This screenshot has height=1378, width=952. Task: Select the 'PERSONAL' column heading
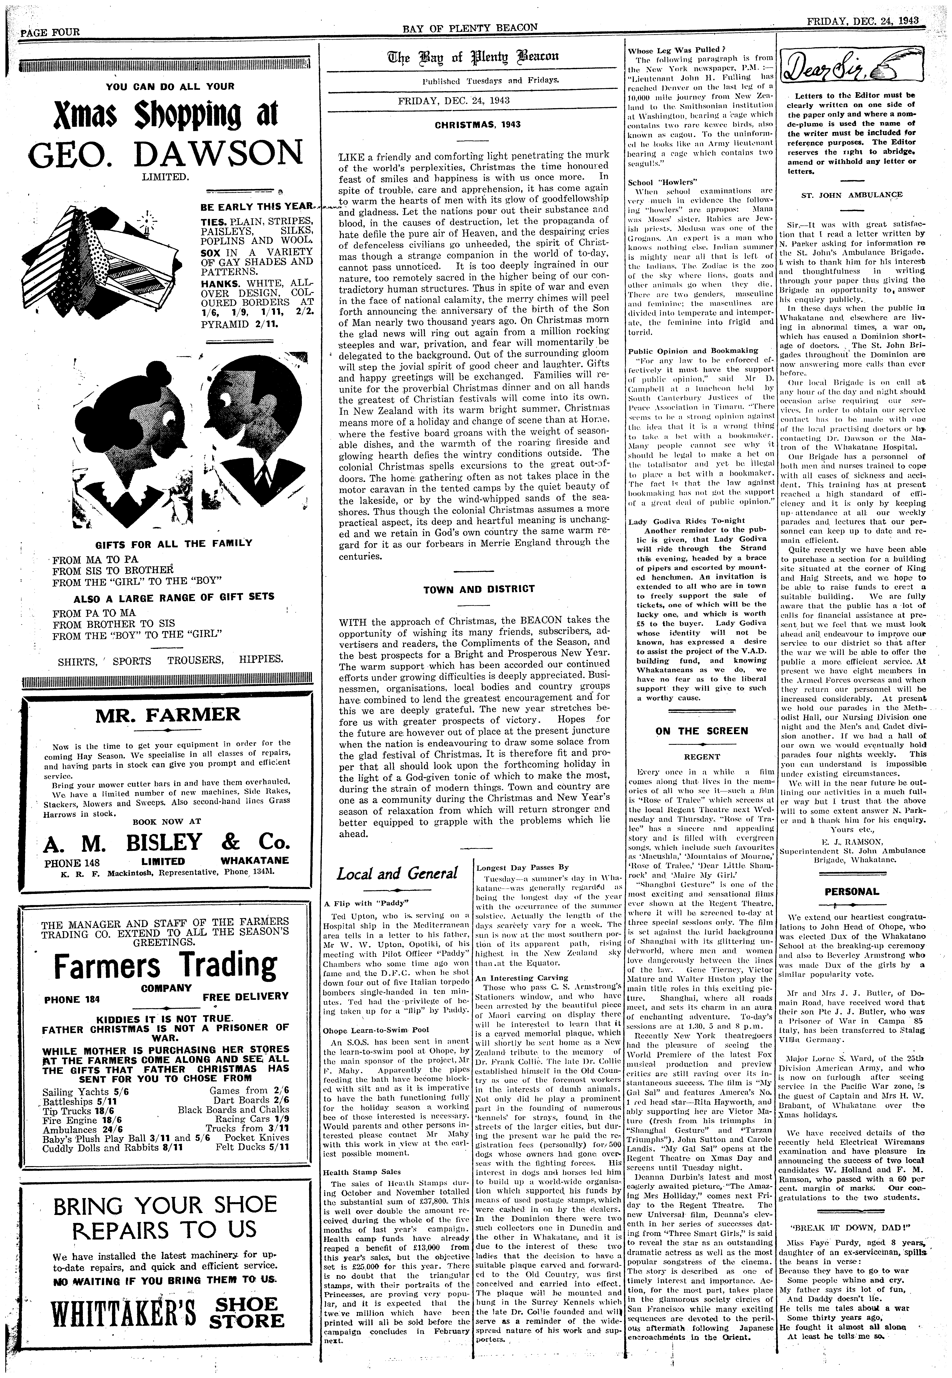point(852,892)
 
